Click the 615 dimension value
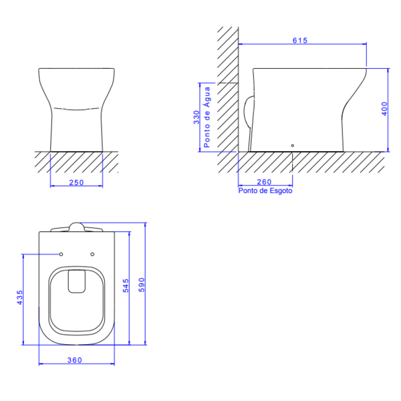tap(299, 40)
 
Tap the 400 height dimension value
tap(384, 109)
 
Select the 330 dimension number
tap(196, 118)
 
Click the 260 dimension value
tap(264, 182)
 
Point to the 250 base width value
tap(76, 182)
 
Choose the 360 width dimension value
tap(75, 360)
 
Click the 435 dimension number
tap(19, 297)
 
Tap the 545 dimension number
tap(126, 285)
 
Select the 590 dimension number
tap(142, 285)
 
